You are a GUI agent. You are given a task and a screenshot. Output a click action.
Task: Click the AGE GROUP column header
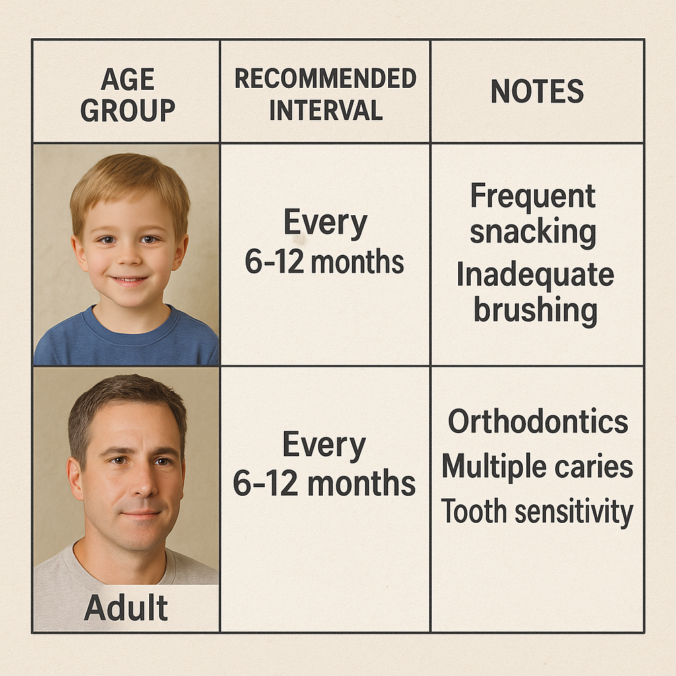(x=127, y=95)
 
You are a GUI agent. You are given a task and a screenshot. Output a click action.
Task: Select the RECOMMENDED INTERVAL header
(x=325, y=94)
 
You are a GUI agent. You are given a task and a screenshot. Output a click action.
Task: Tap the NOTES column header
(x=537, y=91)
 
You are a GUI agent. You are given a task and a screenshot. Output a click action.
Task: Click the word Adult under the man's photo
(x=126, y=607)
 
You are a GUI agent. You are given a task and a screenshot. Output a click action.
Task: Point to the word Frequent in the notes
(x=533, y=197)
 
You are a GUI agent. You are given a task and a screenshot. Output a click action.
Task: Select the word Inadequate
(x=535, y=275)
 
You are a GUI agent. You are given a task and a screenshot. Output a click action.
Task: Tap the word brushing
(x=535, y=310)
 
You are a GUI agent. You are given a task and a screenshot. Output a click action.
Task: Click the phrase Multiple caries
(x=537, y=467)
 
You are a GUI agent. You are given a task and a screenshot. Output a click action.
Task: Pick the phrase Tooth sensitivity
(x=537, y=512)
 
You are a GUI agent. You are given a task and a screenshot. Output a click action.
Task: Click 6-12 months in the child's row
(x=324, y=261)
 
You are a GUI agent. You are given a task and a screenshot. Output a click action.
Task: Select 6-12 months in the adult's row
(x=324, y=483)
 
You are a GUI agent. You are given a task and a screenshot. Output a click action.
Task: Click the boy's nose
(x=129, y=255)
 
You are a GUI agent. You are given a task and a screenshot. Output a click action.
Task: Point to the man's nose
(x=143, y=483)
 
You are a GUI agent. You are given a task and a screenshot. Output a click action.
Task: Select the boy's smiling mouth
(x=129, y=281)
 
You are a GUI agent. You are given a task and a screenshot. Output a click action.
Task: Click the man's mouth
(x=141, y=515)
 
